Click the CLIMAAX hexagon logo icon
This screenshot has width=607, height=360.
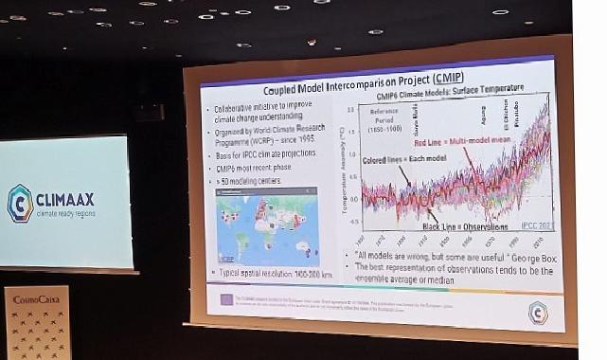(x=21, y=203)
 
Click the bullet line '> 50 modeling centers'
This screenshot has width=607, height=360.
(x=252, y=180)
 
